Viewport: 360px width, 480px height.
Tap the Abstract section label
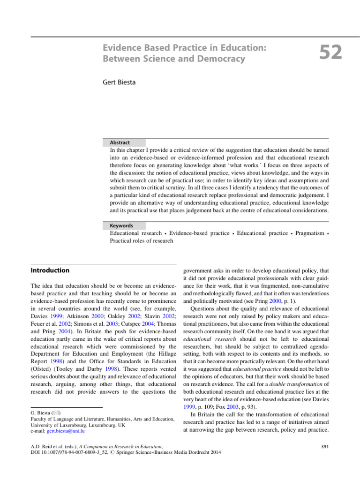pos(120,142)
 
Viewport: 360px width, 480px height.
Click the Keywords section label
pos(121,225)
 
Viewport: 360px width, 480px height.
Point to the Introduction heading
pos(50,270)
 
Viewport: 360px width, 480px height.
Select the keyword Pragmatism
pos(305,233)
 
